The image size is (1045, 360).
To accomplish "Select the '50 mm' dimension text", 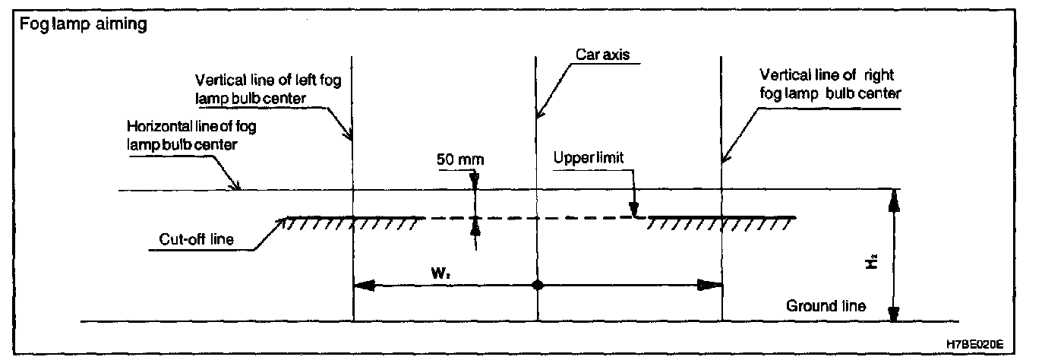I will click(x=460, y=160).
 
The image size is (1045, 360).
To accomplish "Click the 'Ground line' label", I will click(x=826, y=306).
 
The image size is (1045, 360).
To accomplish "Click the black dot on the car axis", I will click(x=537, y=286).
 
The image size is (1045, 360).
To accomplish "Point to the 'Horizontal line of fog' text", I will click(x=191, y=126).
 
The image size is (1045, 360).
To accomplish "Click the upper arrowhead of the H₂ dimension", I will click(x=895, y=199).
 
